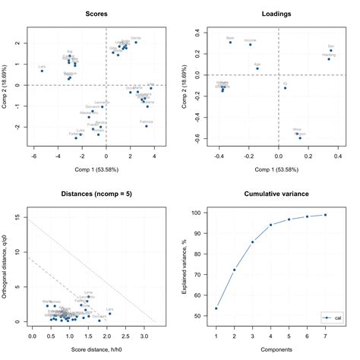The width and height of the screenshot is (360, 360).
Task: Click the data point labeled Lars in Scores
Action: pos(43,71)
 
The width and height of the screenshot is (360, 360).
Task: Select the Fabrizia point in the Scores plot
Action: pos(147,125)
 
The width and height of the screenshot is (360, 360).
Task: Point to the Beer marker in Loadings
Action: pos(231,42)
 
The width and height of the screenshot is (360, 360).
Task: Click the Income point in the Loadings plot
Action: pos(250,44)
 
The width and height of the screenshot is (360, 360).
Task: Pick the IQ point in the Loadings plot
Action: pos(286,88)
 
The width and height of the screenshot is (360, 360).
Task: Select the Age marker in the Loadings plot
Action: pos(257,68)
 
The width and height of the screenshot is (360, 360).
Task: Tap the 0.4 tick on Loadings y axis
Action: pos(199,34)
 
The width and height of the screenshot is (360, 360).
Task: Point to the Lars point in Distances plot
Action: pos(109,314)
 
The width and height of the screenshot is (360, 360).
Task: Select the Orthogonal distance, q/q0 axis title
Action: pos(9,266)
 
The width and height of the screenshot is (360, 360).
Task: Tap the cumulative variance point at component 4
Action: pos(271,225)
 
